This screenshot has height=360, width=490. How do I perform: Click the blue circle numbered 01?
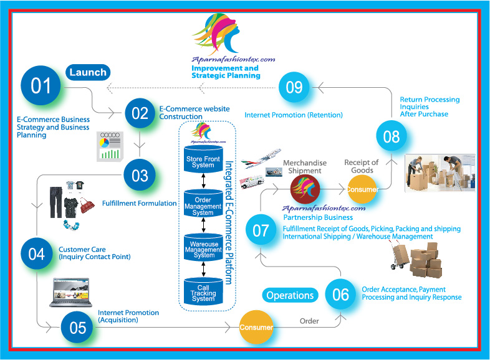42,85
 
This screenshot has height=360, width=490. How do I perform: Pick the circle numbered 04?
37,253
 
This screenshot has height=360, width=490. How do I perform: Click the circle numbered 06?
340,295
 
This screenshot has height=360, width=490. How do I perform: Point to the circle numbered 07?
261,231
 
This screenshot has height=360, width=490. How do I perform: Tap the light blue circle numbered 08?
392,136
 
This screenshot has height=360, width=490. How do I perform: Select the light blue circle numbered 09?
294,87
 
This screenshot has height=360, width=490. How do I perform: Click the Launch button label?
89,72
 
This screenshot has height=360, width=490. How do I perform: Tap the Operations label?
290,295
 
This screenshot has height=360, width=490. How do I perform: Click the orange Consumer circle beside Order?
256,327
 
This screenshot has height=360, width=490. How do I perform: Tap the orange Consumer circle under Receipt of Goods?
362,189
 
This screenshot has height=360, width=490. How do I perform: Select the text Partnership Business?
318,218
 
